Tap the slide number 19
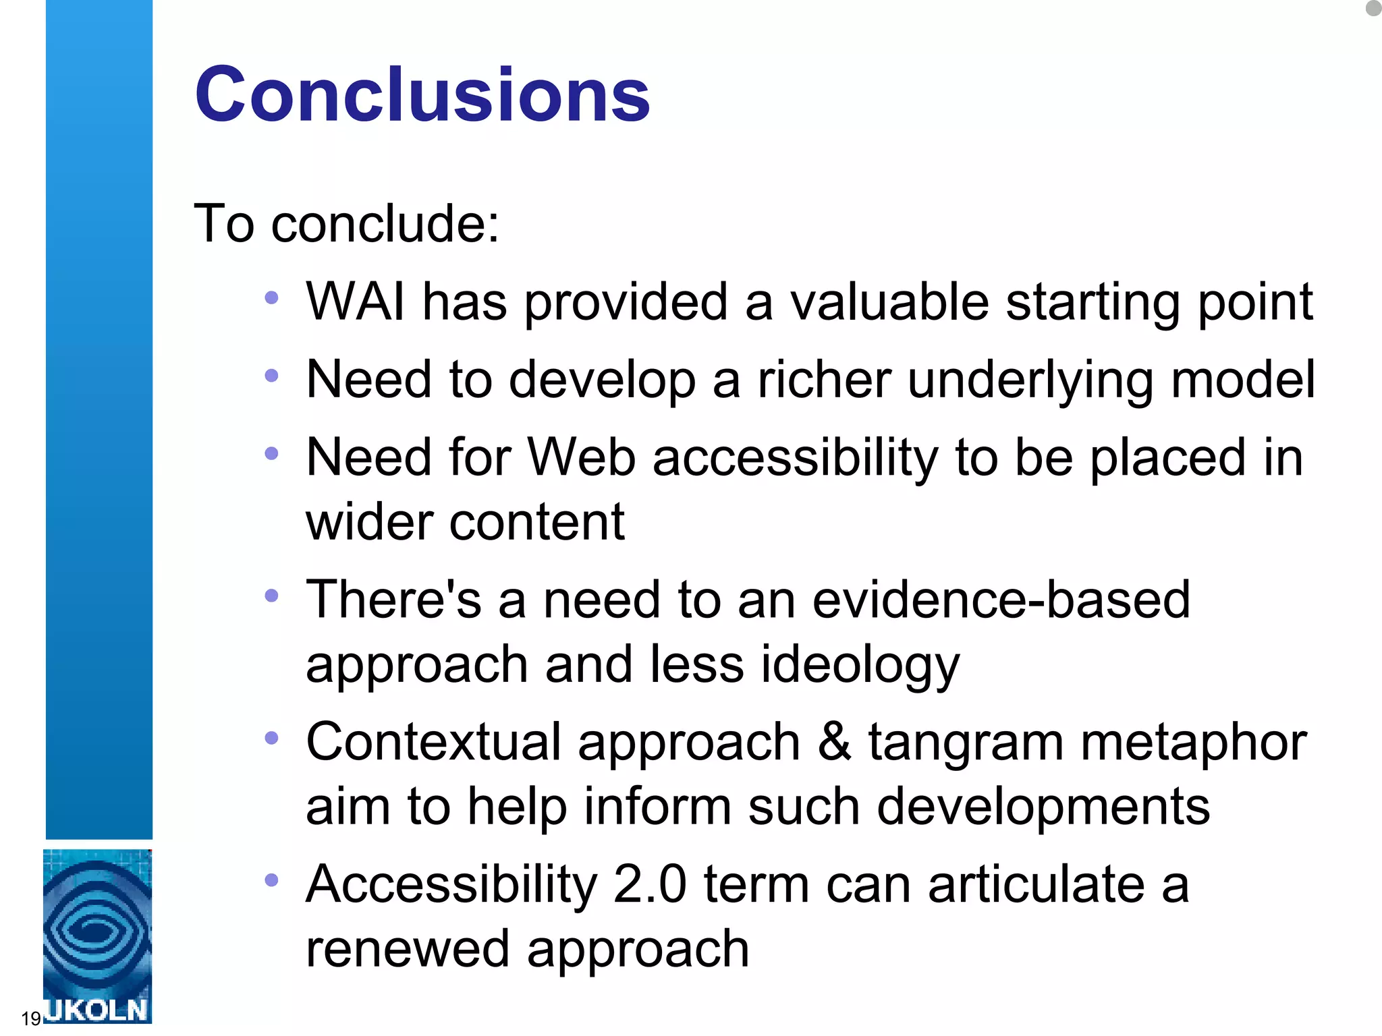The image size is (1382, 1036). (x=31, y=1018)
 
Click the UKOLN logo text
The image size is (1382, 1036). (x=96, y=1010)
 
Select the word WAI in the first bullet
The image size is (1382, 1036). (x=356, y=301)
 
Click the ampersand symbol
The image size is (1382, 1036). (x=834, y=741)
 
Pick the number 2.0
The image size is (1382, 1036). (x=650, y=884)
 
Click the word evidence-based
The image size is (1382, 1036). (x=1001, y=600)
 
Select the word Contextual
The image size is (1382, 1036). (x=434, y=742)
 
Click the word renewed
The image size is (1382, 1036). (x=407, y=948)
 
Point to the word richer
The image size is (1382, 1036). (x=824, y=379)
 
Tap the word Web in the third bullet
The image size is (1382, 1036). (x=581, y=457)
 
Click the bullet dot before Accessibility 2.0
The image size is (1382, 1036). (x=271, y=880)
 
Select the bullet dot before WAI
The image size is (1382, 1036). (x=271, y=297)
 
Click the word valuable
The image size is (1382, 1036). (x=889, y=301)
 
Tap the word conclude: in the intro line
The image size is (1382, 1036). (x=385, y=223)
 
